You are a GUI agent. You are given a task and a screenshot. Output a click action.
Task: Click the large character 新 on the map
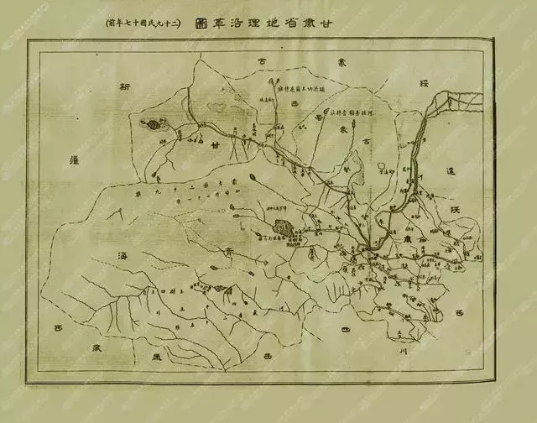(x=126, y=86)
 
